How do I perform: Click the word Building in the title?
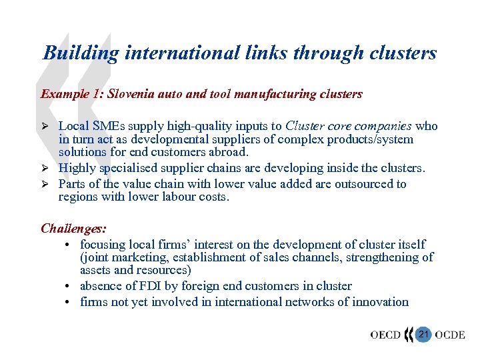click(81, 53)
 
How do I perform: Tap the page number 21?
click(421, 334)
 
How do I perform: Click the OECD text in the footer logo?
click(385, 335)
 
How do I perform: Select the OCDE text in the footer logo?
click(450, 335)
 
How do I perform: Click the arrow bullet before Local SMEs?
click(45, 126)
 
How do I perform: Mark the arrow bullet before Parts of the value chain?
click(45, 184)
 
